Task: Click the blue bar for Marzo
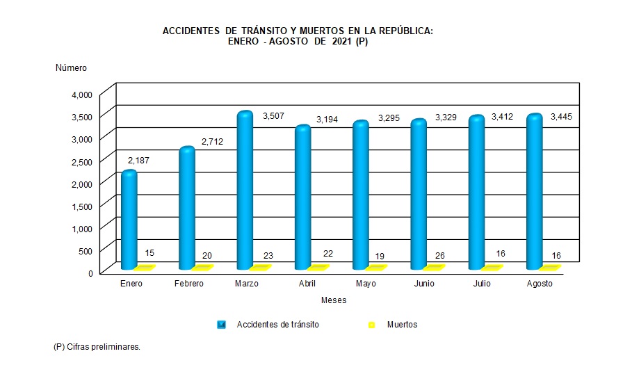(245, 190)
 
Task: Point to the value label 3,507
(274, 116)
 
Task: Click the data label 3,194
(327, 120)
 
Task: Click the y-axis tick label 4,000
(81, 95)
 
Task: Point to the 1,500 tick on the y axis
(81, 206)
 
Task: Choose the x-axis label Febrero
(188, 284)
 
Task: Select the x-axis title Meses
(334, 300)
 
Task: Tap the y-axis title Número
(71, 67)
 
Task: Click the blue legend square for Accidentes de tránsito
(221, 325)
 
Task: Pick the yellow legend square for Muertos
(371, 325)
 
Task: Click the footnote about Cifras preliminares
(97, 346)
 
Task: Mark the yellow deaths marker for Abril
(318, 267)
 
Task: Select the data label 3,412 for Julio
(503, 117)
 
